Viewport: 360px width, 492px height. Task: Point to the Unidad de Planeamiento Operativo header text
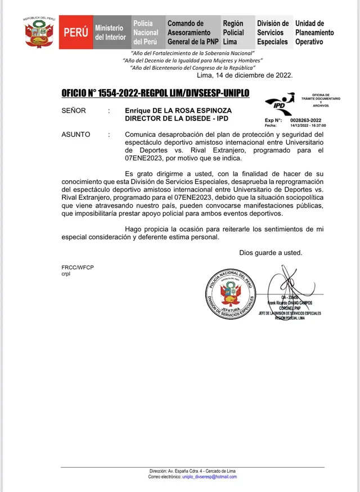[314, 32]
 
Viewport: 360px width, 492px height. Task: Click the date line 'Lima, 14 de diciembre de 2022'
[245, 75]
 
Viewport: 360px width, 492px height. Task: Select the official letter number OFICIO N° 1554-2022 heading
[155, 93]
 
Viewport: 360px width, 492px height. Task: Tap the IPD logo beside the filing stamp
[280, 103]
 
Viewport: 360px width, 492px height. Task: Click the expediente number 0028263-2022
[306, 120]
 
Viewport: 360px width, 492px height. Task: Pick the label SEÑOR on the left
[74, 111]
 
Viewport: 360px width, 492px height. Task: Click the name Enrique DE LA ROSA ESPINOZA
[178, 111]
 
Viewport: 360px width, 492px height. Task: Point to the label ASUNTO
[76, 135]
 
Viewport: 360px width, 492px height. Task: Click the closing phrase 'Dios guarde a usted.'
[271, 252]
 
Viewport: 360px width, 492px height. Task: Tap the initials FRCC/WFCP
[78, 267]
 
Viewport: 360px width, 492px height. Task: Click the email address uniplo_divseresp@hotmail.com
[209, 476]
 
